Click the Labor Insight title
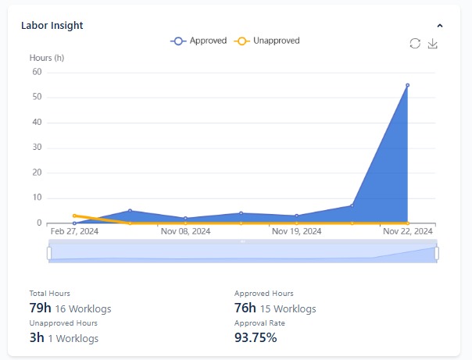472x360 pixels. coord(52,25)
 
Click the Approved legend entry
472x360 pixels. coord(198,41)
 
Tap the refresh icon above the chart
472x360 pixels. coord(415,44)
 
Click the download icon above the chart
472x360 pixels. coord(433,44)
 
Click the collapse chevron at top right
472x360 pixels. coord(440,26)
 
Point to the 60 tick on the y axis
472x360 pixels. coord(36,72)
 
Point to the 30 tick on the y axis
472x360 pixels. coord(36,148)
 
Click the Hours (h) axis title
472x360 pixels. coord(46,59)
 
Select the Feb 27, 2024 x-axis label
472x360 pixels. coord(74,232)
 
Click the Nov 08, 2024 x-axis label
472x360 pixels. coord(185,232)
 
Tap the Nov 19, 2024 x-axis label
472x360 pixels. coord(296,232)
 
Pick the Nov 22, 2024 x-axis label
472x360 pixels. coord(407,232)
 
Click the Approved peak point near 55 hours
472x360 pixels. coord(407,85)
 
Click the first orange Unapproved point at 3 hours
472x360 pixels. coord(74,216)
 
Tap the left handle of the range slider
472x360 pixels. coord(48,253)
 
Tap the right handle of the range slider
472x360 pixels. coord(437,253)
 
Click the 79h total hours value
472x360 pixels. coord(40,308)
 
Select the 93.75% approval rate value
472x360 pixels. coord(256,338)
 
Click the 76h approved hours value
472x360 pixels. coord(245,308)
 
